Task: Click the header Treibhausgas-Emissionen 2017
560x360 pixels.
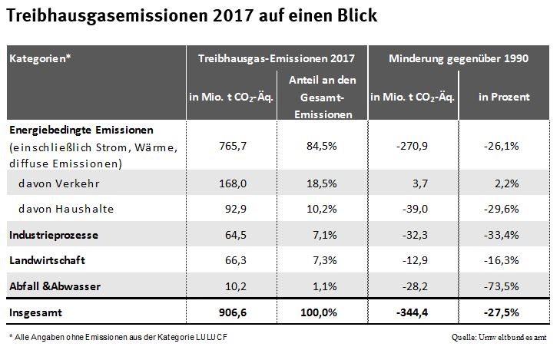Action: point(276,58)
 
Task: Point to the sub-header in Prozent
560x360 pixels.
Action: point(504,97)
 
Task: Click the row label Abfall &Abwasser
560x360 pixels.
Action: point(55,286)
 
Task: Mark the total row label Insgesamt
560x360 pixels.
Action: point(35,313)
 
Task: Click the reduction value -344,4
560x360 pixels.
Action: point(413,313)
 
